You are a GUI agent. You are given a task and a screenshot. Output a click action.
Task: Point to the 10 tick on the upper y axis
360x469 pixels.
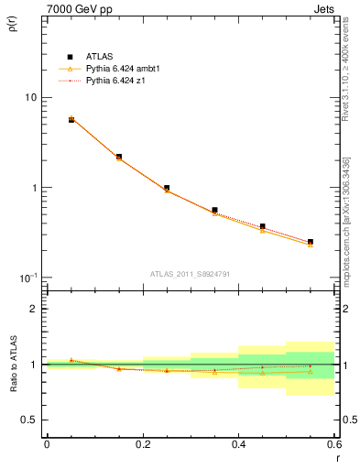30,97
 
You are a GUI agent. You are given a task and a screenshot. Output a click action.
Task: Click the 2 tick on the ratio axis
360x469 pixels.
35,309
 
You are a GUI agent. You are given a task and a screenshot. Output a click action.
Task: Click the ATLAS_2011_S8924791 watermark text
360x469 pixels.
190,273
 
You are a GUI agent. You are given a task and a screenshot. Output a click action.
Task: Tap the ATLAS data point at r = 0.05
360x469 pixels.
71,120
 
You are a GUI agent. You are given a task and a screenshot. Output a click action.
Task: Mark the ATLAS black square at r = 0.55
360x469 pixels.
311,242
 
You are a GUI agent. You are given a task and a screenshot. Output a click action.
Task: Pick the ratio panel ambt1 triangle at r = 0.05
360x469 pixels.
71,360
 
